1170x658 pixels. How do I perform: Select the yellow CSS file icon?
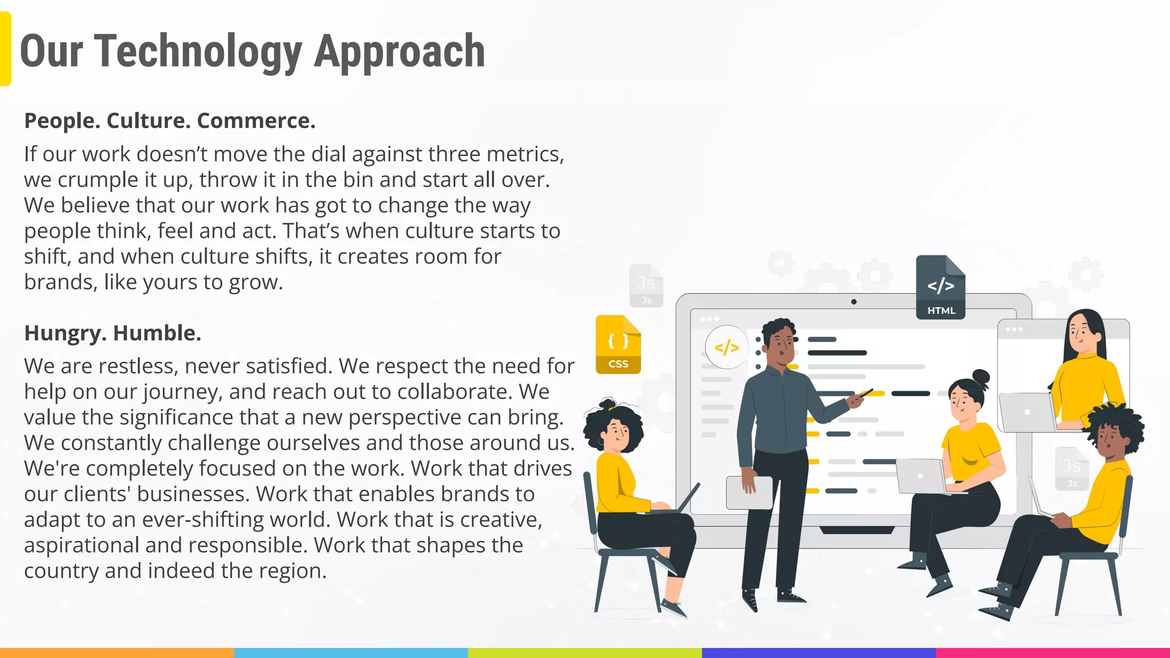coord(618,345)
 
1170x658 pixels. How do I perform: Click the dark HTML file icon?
coord(940,288)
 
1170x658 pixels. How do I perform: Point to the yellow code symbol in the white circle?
coord(726,347)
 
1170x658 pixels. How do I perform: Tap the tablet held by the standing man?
coord(749,493)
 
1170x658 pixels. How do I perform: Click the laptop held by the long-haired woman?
coord(1027,412)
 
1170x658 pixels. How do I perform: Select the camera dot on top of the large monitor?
coord(854,302)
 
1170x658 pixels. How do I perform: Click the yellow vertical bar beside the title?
coord(5,49)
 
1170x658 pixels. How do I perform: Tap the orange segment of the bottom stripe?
coord(117,652)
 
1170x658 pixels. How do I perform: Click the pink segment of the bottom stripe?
coord(1052,652)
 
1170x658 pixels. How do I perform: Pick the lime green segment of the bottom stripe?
coord(584,652)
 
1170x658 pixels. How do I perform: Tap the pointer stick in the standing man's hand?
coord(865,393)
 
